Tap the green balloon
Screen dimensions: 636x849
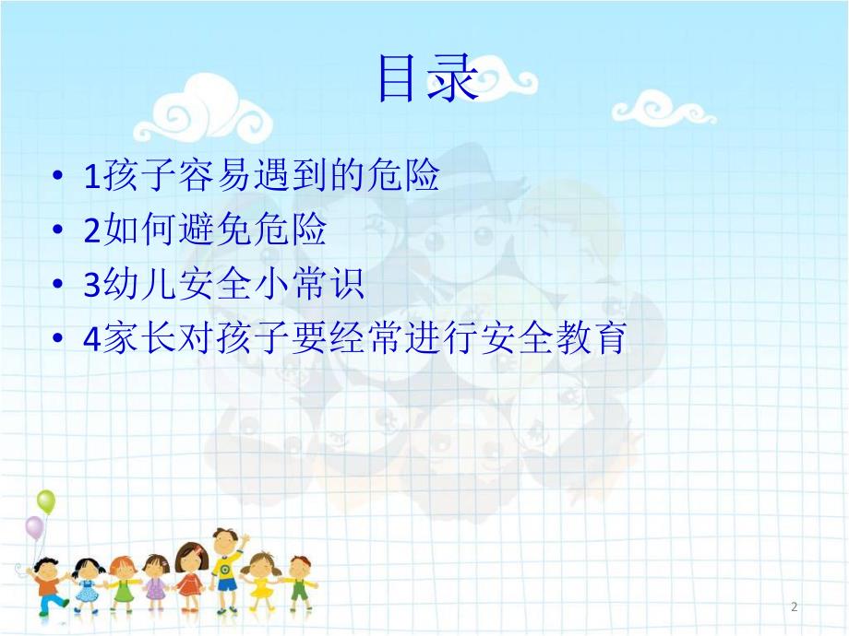pyautogui.click(x=45, y=502)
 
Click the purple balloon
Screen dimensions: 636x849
pyautogui.click(x=34, y=528)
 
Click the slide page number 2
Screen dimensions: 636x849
pyautogui.click(x=794, y=607)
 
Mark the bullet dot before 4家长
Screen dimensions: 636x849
pyautogui.click(x=59, y=340)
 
